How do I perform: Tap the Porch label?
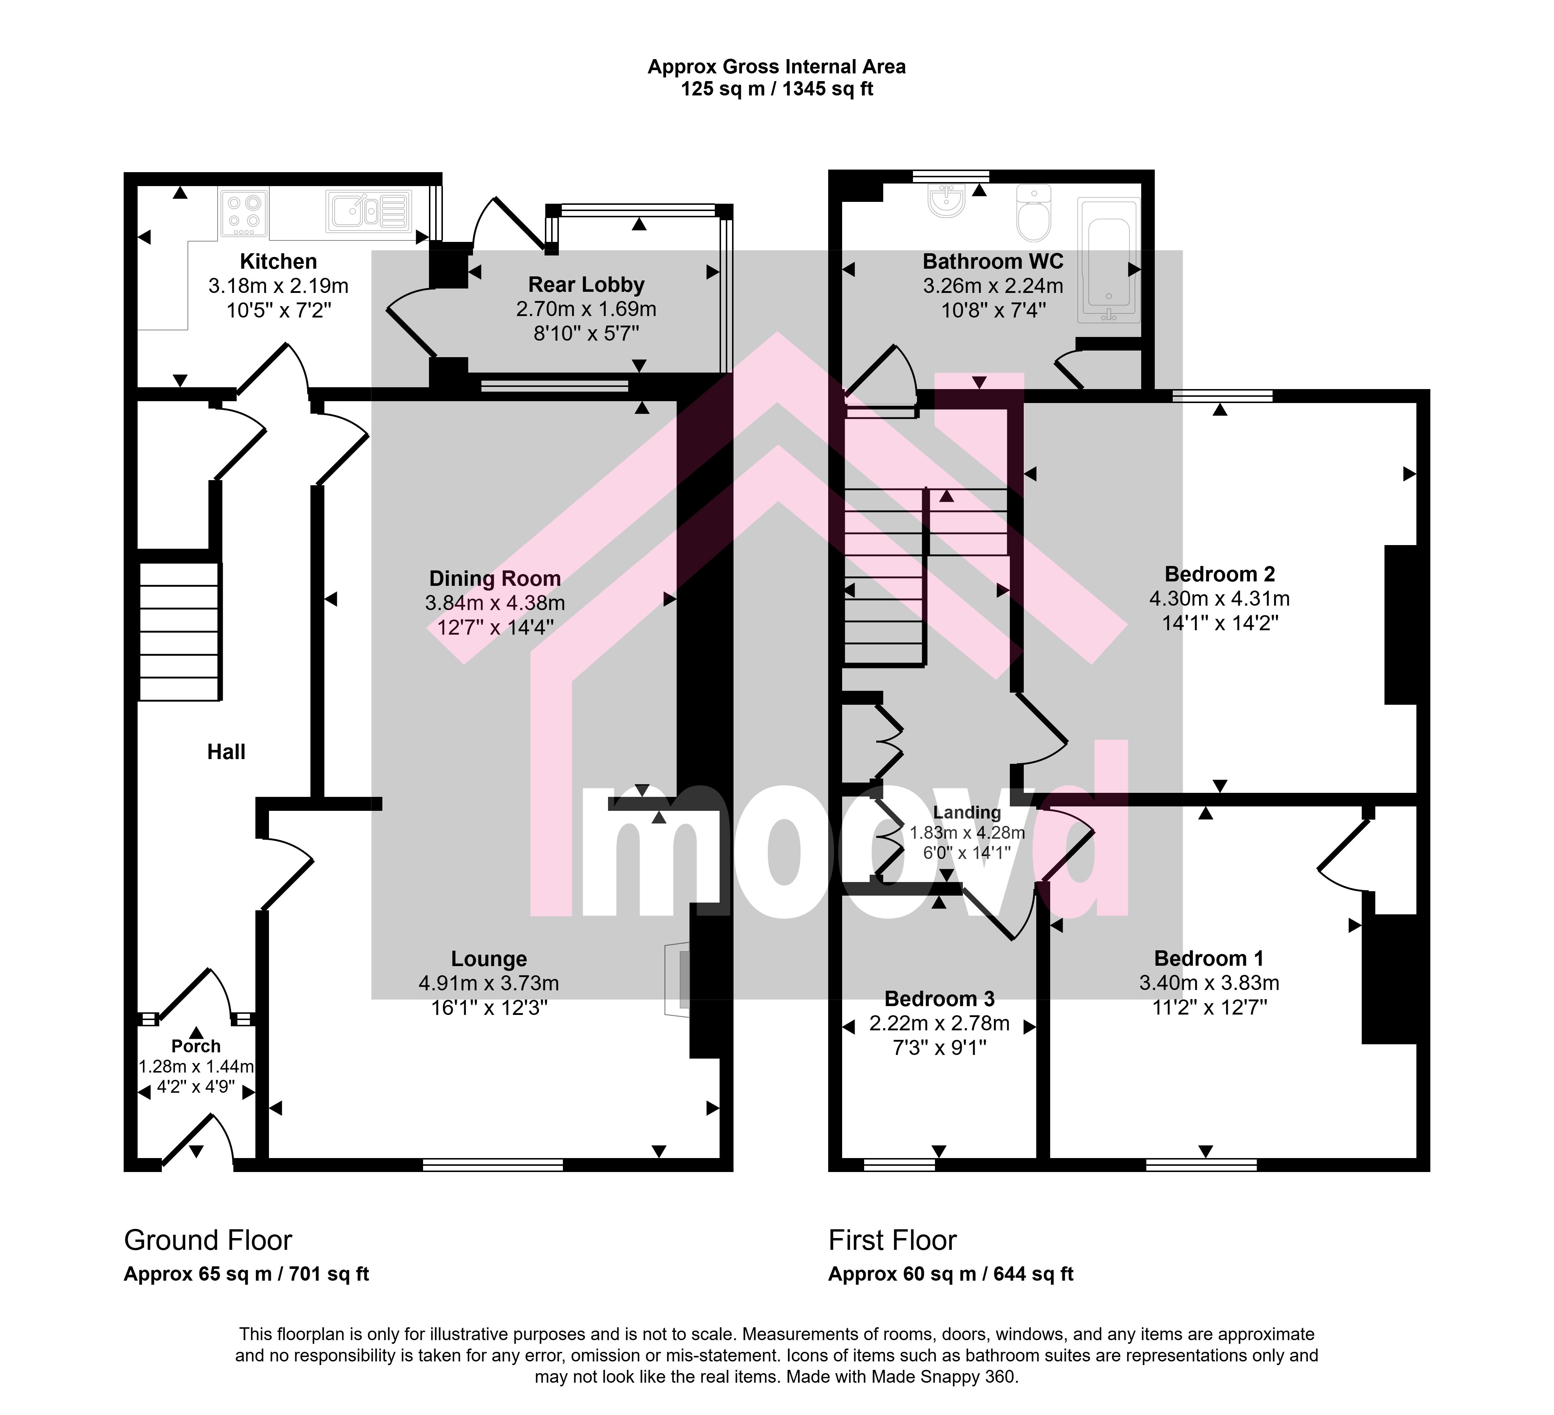tap(196, 1046)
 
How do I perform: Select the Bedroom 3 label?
tap(939, 999)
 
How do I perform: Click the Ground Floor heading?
tap(208, 1241)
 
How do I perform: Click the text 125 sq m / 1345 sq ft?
tap(777, 90)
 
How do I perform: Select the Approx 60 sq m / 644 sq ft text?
tap(950, 1275)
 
